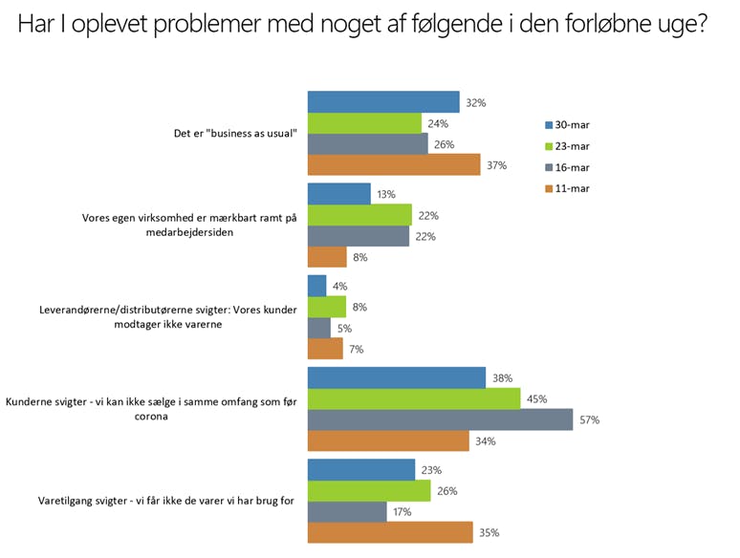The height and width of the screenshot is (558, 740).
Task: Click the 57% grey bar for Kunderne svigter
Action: coord(440,419)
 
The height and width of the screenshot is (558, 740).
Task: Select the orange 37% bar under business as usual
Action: coord(394,164)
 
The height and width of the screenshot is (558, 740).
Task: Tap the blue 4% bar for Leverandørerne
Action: coord(316,286)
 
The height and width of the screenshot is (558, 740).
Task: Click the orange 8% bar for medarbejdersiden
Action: coord(327,256)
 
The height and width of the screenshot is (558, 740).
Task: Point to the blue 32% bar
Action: coord(383,102)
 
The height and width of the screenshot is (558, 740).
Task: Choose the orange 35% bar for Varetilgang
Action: coord(390,532)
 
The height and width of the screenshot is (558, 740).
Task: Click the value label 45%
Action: coord(538,399)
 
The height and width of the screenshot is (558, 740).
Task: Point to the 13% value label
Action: coord(388,195)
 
